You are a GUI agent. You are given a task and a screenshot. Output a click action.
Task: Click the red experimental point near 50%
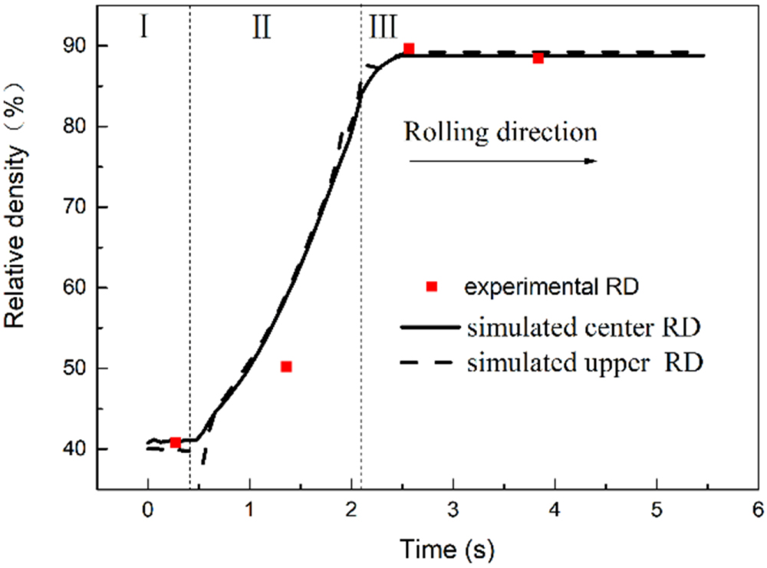(286, 367)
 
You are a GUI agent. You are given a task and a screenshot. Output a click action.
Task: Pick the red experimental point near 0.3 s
(176, 443)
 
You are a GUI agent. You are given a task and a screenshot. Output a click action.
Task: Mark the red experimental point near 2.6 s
(409, 49)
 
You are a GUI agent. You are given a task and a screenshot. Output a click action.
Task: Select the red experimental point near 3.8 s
(538, 58)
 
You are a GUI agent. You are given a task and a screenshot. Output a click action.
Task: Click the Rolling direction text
(501, 132)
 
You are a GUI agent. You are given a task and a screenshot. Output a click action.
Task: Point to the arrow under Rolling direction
(502, 161)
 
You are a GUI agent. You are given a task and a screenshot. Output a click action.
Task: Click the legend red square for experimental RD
(432, 286)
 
